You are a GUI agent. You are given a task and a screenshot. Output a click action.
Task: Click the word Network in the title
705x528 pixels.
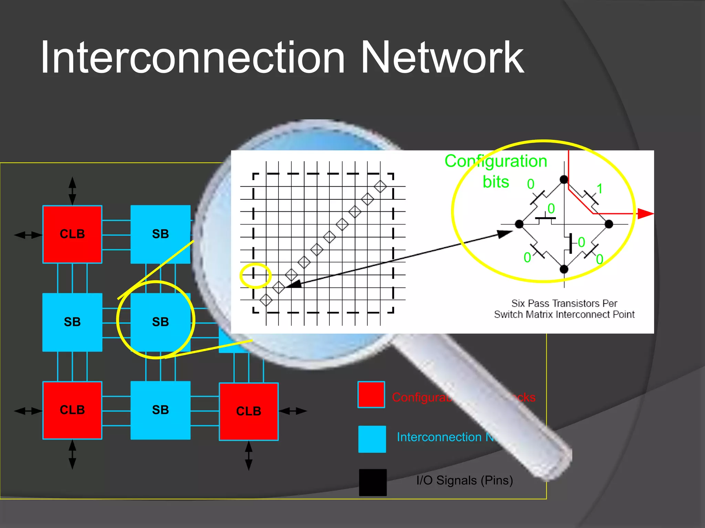click(442, 58)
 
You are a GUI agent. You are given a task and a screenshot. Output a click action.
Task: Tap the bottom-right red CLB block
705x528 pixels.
click(249, 411)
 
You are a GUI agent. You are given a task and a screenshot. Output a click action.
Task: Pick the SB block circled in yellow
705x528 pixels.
click(160, 322)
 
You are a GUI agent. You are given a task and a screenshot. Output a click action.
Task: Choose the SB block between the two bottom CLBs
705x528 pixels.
click(160, 410)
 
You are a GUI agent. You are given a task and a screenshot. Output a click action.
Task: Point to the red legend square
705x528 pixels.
click(371, 395)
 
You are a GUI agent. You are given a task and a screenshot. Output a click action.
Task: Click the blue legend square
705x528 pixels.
click(372, 439)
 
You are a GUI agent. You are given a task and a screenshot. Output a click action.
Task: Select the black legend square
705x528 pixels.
click(372, 482)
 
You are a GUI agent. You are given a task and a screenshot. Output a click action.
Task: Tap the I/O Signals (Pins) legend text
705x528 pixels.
click(464, 480)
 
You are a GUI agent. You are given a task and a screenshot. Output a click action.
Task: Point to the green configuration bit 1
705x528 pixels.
click(600, 189)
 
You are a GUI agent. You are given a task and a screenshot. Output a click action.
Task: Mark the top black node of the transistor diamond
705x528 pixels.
click(564, 179)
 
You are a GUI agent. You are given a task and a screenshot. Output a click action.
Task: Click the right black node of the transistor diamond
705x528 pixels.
click(609, 224)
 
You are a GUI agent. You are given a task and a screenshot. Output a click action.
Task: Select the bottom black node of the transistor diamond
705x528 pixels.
click(564, 269)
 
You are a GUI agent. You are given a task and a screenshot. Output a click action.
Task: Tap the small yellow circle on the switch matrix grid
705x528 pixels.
click(255, 275)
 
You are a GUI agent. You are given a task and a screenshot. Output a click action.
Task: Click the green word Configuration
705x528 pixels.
click(496, 161)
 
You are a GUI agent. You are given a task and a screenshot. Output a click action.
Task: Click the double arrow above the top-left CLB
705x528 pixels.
click(72, 191)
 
